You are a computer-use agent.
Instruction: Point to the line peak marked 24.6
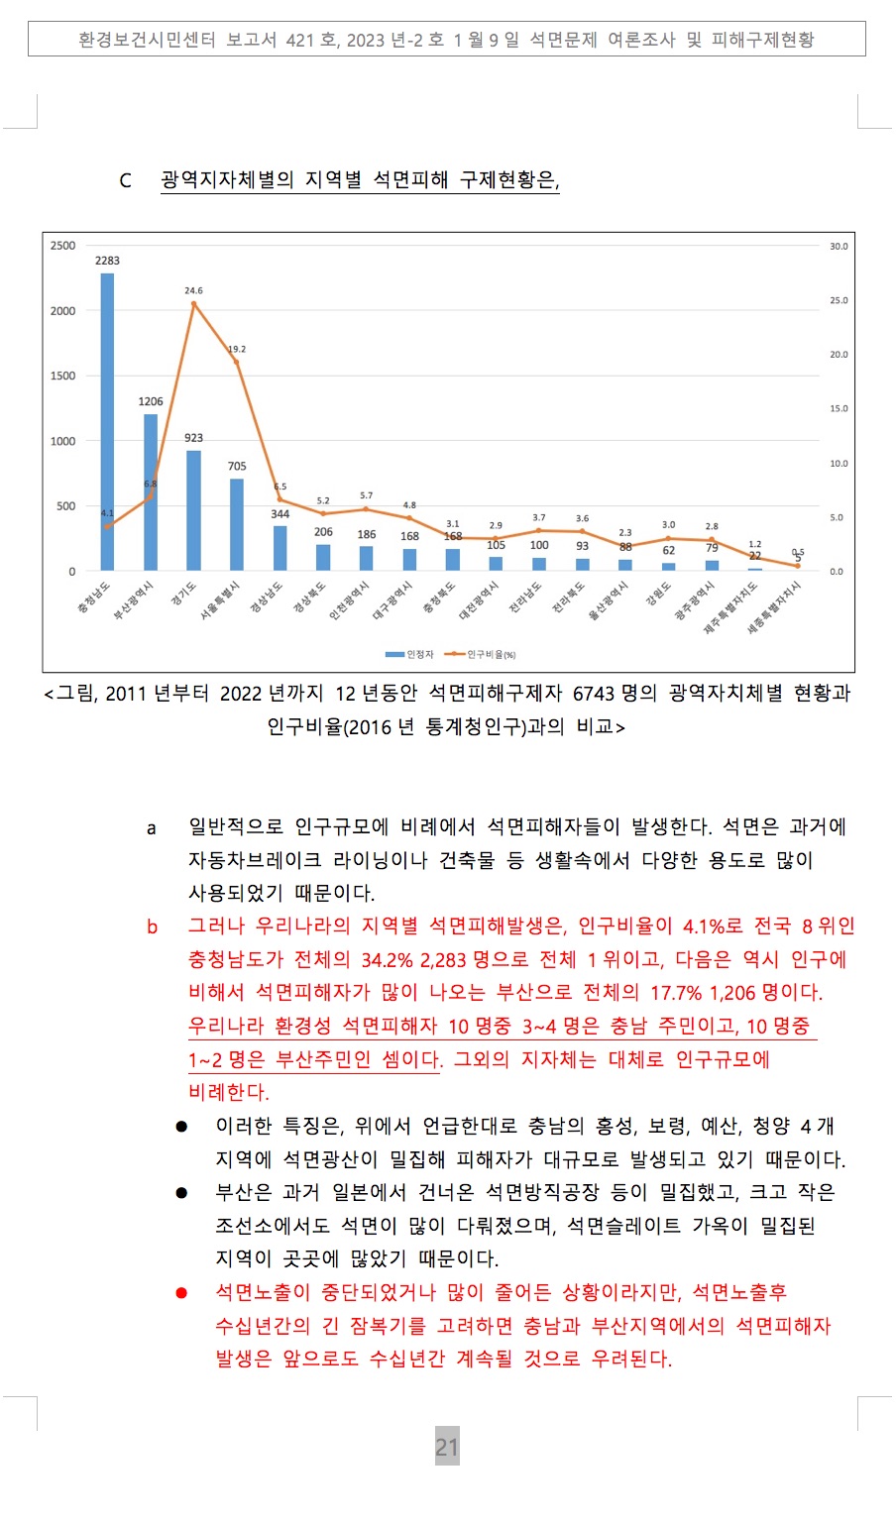pos(193,304)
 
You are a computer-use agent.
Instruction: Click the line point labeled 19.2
pos(237,363)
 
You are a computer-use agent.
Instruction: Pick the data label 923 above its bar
pos(193,438)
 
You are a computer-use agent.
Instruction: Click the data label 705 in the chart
pos(237,466)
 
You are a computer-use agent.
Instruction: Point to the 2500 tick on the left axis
pos(63,246)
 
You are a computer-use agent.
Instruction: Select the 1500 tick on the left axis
pos(63,377)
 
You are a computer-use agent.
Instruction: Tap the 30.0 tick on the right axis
pos(839,246)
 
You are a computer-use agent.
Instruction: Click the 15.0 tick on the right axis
pos(839,409)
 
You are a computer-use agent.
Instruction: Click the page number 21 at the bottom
pos(447,1448)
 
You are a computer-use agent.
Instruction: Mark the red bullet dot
pos(181,1292)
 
